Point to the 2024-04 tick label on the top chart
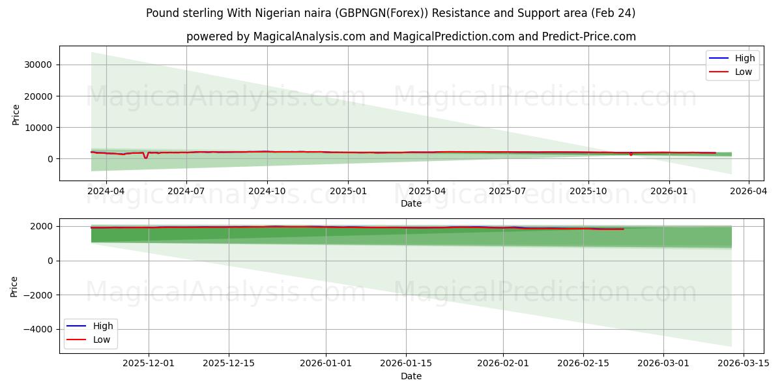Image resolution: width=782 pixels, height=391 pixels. pos(106,192)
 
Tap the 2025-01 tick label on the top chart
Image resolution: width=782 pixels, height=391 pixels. pos(347,192)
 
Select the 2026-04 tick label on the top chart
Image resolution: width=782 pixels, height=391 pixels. pos(748,192)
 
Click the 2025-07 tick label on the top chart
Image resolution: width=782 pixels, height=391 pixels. pos(508,192)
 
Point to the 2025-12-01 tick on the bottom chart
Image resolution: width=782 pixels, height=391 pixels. pos(149,364)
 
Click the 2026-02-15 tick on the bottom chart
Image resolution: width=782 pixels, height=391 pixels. pos(583,364)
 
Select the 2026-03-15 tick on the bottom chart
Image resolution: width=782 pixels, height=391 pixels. pos(744,364)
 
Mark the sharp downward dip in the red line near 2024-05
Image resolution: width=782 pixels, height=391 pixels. pos(145,157)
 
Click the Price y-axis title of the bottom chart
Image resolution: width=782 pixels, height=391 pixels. pos(15,286)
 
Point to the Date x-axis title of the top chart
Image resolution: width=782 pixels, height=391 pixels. pos(411,203)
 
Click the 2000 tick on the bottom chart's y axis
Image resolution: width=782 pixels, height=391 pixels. pos(42,226)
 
